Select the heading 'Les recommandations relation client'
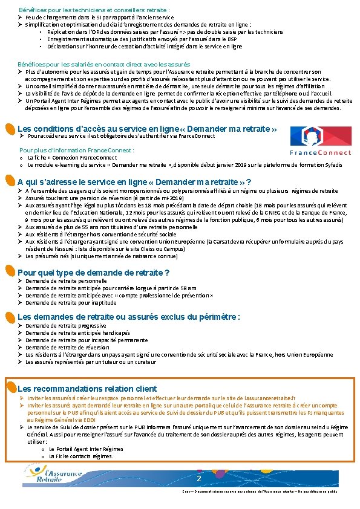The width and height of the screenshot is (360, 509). click(x=87, y=388)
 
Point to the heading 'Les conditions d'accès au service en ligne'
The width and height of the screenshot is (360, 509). click(x=148, y=129)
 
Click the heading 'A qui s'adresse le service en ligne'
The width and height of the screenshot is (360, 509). click(x=135, y=183)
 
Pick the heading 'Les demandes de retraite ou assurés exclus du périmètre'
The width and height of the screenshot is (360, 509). click(x=129, y=317)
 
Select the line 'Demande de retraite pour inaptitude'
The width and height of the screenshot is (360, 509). click(x=70, y=302)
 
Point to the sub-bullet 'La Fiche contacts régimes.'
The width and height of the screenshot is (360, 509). click(x=81, y=456)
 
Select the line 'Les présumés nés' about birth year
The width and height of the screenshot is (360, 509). click(x=94, y=256)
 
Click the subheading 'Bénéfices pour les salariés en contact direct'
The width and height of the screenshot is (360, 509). click(x=104, y=63)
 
